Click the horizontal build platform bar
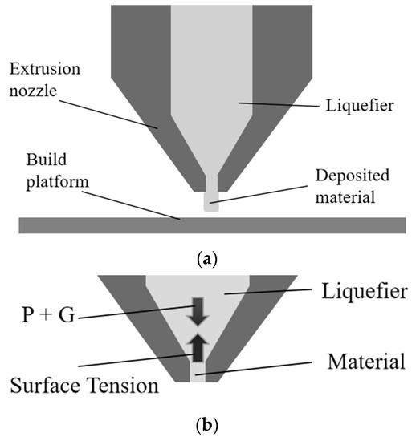point(209,222)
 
